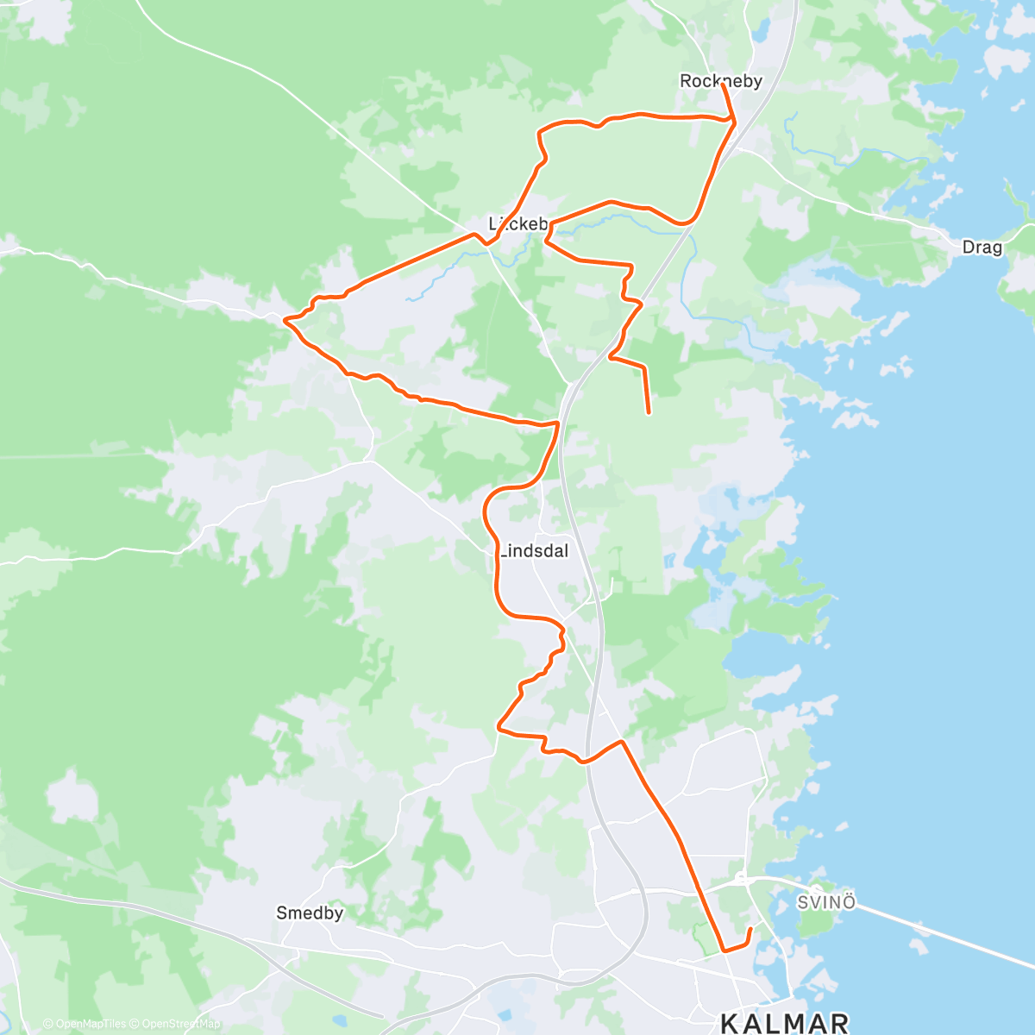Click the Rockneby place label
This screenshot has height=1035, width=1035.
tap(720, 81)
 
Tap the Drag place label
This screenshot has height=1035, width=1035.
tap(982, 248)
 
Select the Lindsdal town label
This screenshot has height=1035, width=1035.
tap(535, 551)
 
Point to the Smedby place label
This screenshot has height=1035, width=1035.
tap(310, 913)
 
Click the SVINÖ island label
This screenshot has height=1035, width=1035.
tap(825, 902)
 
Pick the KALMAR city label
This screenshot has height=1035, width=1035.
tap(785, 1023)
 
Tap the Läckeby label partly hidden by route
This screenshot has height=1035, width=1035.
tap(517, 224)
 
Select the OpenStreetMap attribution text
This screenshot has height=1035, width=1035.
tap(181, 1024)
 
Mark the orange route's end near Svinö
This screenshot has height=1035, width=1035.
tap(750, 929)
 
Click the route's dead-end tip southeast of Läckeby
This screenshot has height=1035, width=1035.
tap(649, 412)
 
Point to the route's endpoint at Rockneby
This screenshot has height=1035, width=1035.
tap(722, 85)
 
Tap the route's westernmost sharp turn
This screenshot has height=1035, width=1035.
tap(285, 320)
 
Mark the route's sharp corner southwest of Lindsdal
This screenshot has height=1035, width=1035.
tap(499, 727)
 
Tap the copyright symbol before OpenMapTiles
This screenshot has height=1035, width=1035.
tap(47, 1024)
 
